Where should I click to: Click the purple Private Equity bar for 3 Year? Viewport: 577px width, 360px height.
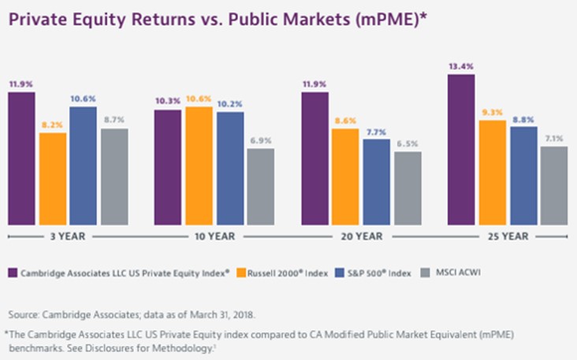(22, 158)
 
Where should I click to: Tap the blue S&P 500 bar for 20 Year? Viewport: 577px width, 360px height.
(376, 181)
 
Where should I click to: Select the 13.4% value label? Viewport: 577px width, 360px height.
(461, 67)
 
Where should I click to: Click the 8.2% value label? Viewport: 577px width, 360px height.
(53, 125)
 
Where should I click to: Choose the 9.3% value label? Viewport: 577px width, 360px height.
(493, 113)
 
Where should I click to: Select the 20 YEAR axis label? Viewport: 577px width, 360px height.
(362, 236)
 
